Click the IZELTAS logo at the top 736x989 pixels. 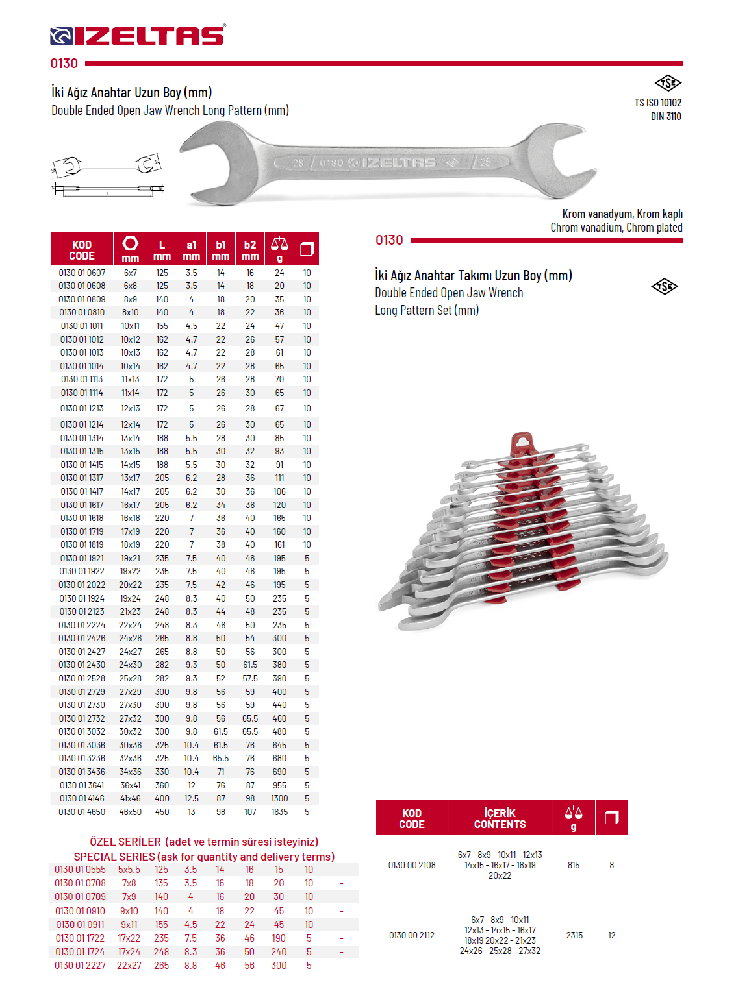click(x=138, y=36)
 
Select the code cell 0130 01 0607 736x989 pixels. click(x=82, y=273)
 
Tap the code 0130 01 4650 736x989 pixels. click(x=82, y=812)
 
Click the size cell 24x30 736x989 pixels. click(x=130, y=665)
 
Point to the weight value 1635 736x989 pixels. click(x=279, y=812)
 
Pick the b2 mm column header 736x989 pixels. click(x=250, y=250)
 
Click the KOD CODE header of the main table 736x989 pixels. click(x=82, y=250)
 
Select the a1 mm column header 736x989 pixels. click(x=192, y=250)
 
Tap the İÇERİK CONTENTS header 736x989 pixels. click(x=500, y=818)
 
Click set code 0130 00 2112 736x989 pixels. click(x=412, y=935)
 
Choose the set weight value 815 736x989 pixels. click(x=574, y=865)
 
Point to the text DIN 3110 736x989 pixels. click(x=666, y=117)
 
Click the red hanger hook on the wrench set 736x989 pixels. click(x=522, y=444)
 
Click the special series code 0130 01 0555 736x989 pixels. click(x=80, y=870)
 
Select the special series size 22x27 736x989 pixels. click(x=129, y=966)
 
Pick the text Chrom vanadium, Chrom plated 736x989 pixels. click(x=616, y=228)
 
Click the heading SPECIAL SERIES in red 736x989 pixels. click(x=114, y=857)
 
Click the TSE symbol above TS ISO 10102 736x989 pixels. click(x=667, y=83)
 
